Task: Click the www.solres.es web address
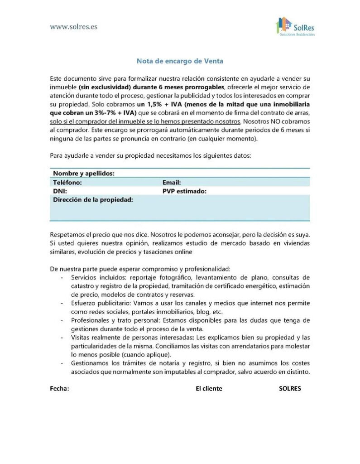(x=73, y=26)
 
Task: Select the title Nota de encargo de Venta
(x=180, y=60)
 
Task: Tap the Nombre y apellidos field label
(x=84, y=174)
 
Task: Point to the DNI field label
(x=60, y=191)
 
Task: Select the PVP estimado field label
(x=184, y=191)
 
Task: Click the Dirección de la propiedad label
(x=93, y=200)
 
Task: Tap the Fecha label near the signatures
(x=59, y=389)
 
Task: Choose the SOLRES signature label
(x=290, y=389)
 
